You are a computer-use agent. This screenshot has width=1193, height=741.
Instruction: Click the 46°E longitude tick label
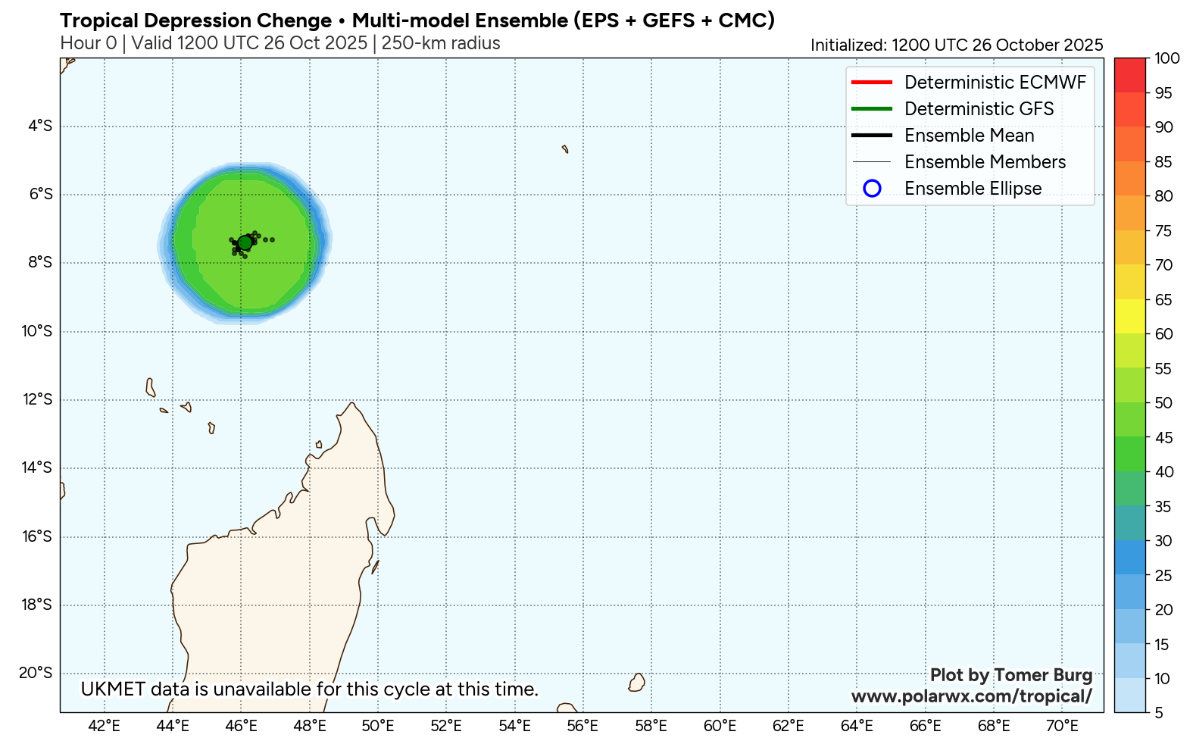tap(241, 726)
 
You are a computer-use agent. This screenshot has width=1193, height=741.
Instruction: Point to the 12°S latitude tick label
tap(36, 399)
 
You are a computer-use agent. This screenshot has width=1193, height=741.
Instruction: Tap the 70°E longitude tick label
tap(1062, 726)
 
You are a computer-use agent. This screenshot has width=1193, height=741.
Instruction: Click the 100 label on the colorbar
tap(1166, 58)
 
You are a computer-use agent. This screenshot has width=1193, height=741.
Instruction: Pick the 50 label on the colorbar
tap(1163, 403)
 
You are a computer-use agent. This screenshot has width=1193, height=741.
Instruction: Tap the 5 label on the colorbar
tap(1159, 713)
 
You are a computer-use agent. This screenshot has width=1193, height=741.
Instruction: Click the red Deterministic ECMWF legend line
tap(871, 83)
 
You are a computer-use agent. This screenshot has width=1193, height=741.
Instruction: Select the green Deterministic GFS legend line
tap(871, 109)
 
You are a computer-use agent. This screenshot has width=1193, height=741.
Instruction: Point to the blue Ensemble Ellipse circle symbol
tap(872, 189)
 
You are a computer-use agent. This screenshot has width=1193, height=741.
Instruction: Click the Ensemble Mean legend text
tap(969, 136)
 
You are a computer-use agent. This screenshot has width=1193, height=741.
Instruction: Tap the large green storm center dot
tap(245, 242)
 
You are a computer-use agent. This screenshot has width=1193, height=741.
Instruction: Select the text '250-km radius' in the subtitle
tap(441, 43)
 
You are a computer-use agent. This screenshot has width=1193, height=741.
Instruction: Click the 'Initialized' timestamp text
tap(956, 45)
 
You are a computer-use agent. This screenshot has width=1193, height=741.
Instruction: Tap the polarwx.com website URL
tap(971, 696)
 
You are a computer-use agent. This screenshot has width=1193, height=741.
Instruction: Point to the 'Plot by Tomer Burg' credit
tap(1010, 675)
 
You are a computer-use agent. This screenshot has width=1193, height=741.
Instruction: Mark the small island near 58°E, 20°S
tap(637, 683)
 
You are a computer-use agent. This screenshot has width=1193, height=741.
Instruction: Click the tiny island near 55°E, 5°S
tap(565, 149)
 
